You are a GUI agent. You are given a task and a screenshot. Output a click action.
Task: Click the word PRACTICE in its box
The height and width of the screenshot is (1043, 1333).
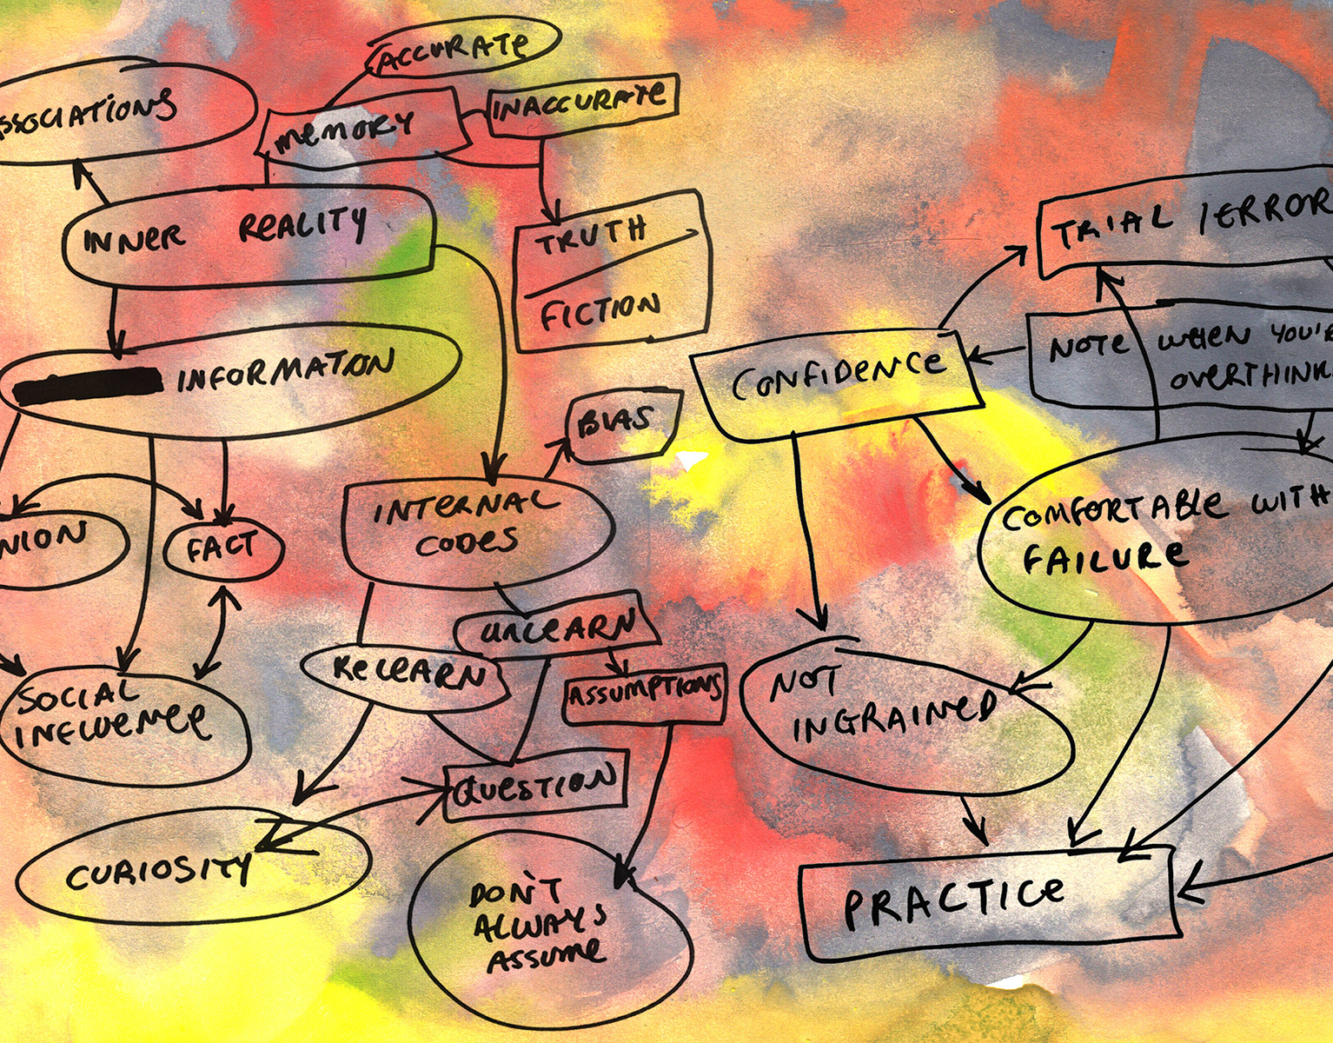pyautogui.click(x=954, y=900)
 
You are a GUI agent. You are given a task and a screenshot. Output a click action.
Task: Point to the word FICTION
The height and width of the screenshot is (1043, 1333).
pyautogui.click(x=600, y=311)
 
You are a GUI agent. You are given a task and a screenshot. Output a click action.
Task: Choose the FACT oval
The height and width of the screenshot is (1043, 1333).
pyautogui.click(x=222, y=548)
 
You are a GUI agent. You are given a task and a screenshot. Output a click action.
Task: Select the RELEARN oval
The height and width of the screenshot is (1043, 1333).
pyautogui.click(x=407, y=672)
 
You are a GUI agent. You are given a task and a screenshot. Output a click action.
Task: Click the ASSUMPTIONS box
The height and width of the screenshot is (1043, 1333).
pyautogui.click(x=644, y=693)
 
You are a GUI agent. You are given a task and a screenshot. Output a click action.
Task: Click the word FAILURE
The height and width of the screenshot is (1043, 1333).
pyautogui.click(x=1104, y=556)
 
